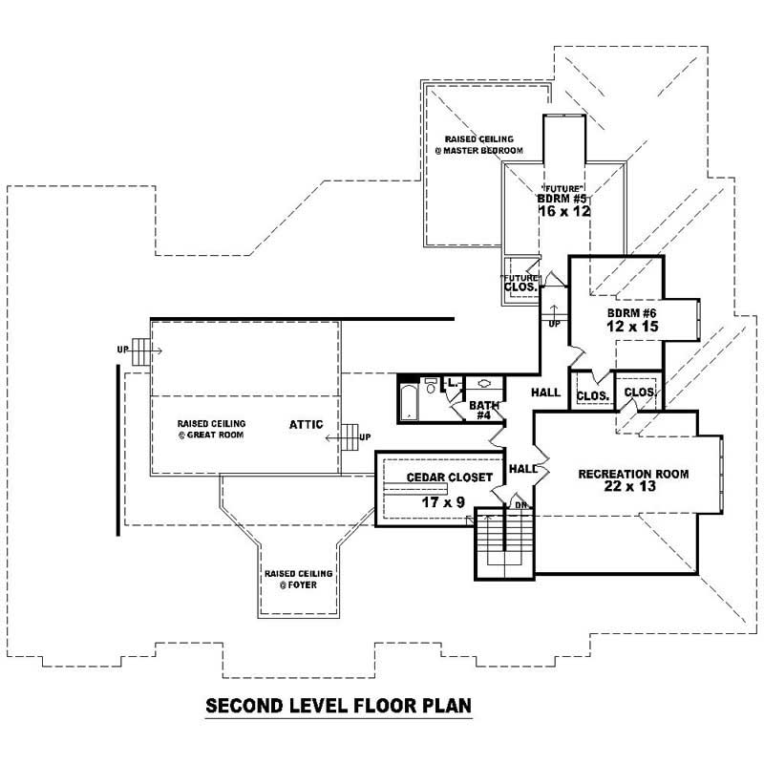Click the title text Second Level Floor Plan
pos(339,707)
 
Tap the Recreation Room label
pos(633,474)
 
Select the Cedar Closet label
pos(449,477)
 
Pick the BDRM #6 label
pos(630,313)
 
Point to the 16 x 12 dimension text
pos(564,212)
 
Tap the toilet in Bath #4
pos(432,387)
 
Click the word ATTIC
pos(308,424)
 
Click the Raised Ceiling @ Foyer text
pos(298,579)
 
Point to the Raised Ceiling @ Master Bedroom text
pos(484,145)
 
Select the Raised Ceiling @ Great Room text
pos(212,429)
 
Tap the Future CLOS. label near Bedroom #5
pos(520,282)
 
